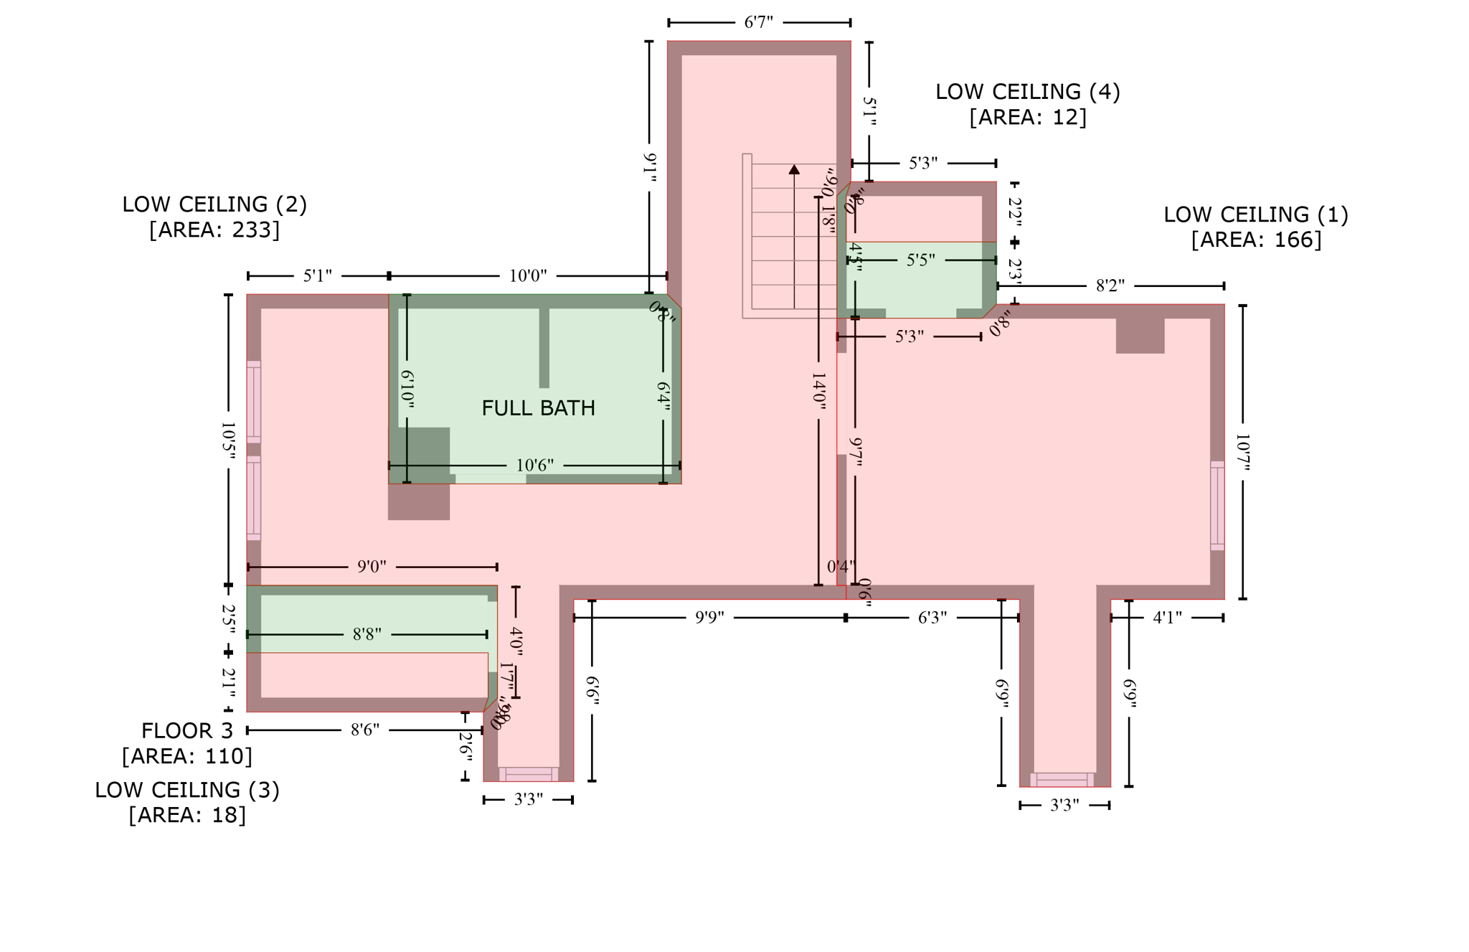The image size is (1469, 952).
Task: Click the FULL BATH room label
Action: (538, 408)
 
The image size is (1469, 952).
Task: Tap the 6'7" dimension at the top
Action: (758, 23)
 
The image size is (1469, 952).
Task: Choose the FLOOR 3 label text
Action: (187, 731)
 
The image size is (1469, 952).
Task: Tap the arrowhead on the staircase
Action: (794, 169)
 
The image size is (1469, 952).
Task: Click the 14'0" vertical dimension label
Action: (818, 391)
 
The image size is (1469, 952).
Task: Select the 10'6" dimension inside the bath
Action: (535, 466)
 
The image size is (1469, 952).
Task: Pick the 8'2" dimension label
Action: (1110, 286)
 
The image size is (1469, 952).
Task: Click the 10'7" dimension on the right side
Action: (1242, 452)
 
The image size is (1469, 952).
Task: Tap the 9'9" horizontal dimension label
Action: (709, 618)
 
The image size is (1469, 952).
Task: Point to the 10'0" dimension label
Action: (528, 276)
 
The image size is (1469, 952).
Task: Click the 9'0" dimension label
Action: (372, 567)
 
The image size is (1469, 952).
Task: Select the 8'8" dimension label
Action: (367, 634)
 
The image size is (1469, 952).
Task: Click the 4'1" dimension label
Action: (1167, 618)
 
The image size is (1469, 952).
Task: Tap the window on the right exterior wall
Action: (1217, 506)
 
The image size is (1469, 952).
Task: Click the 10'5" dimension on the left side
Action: (228, 440)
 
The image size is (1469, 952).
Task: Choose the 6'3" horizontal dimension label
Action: (932, 618)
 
